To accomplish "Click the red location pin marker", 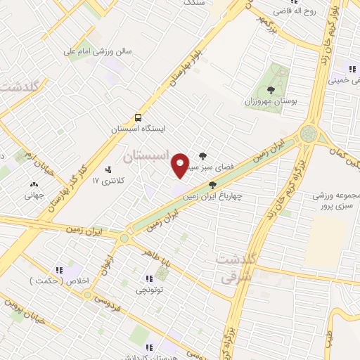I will point(181,165).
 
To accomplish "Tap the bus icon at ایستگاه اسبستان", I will point(139,117).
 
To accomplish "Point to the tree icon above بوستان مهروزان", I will point(271,89).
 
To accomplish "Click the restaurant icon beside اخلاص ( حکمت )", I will point(60,269).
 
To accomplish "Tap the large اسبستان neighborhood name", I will point(147,156).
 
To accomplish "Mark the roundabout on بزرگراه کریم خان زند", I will point(308,133).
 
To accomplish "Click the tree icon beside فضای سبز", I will point(203,157).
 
